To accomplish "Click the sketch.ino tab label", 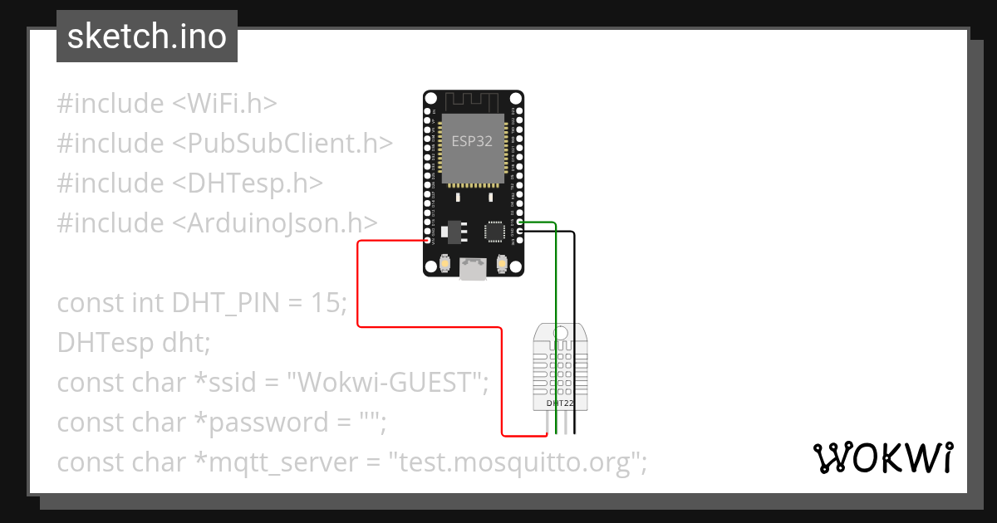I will (x=146, y=37).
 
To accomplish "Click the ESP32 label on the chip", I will (x=472, y=141).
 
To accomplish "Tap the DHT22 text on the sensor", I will (x=560, y=403).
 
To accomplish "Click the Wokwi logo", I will (x=882, y=457).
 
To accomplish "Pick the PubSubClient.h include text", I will (x=282, y=144).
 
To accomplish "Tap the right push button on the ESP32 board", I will (x=501, y=264).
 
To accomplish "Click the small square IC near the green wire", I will (x=496, y=229).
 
